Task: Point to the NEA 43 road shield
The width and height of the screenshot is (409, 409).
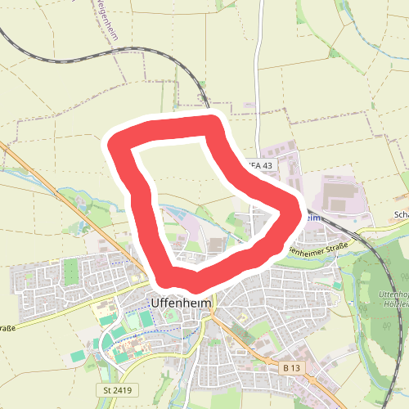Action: point(259,165)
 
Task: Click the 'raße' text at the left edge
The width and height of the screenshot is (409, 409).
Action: point(7,327)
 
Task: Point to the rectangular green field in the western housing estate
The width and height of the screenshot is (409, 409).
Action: point(71,271)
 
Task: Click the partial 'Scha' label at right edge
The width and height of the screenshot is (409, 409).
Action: point(401,216)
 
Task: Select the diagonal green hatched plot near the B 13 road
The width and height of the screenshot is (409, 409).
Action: point(242,336)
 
